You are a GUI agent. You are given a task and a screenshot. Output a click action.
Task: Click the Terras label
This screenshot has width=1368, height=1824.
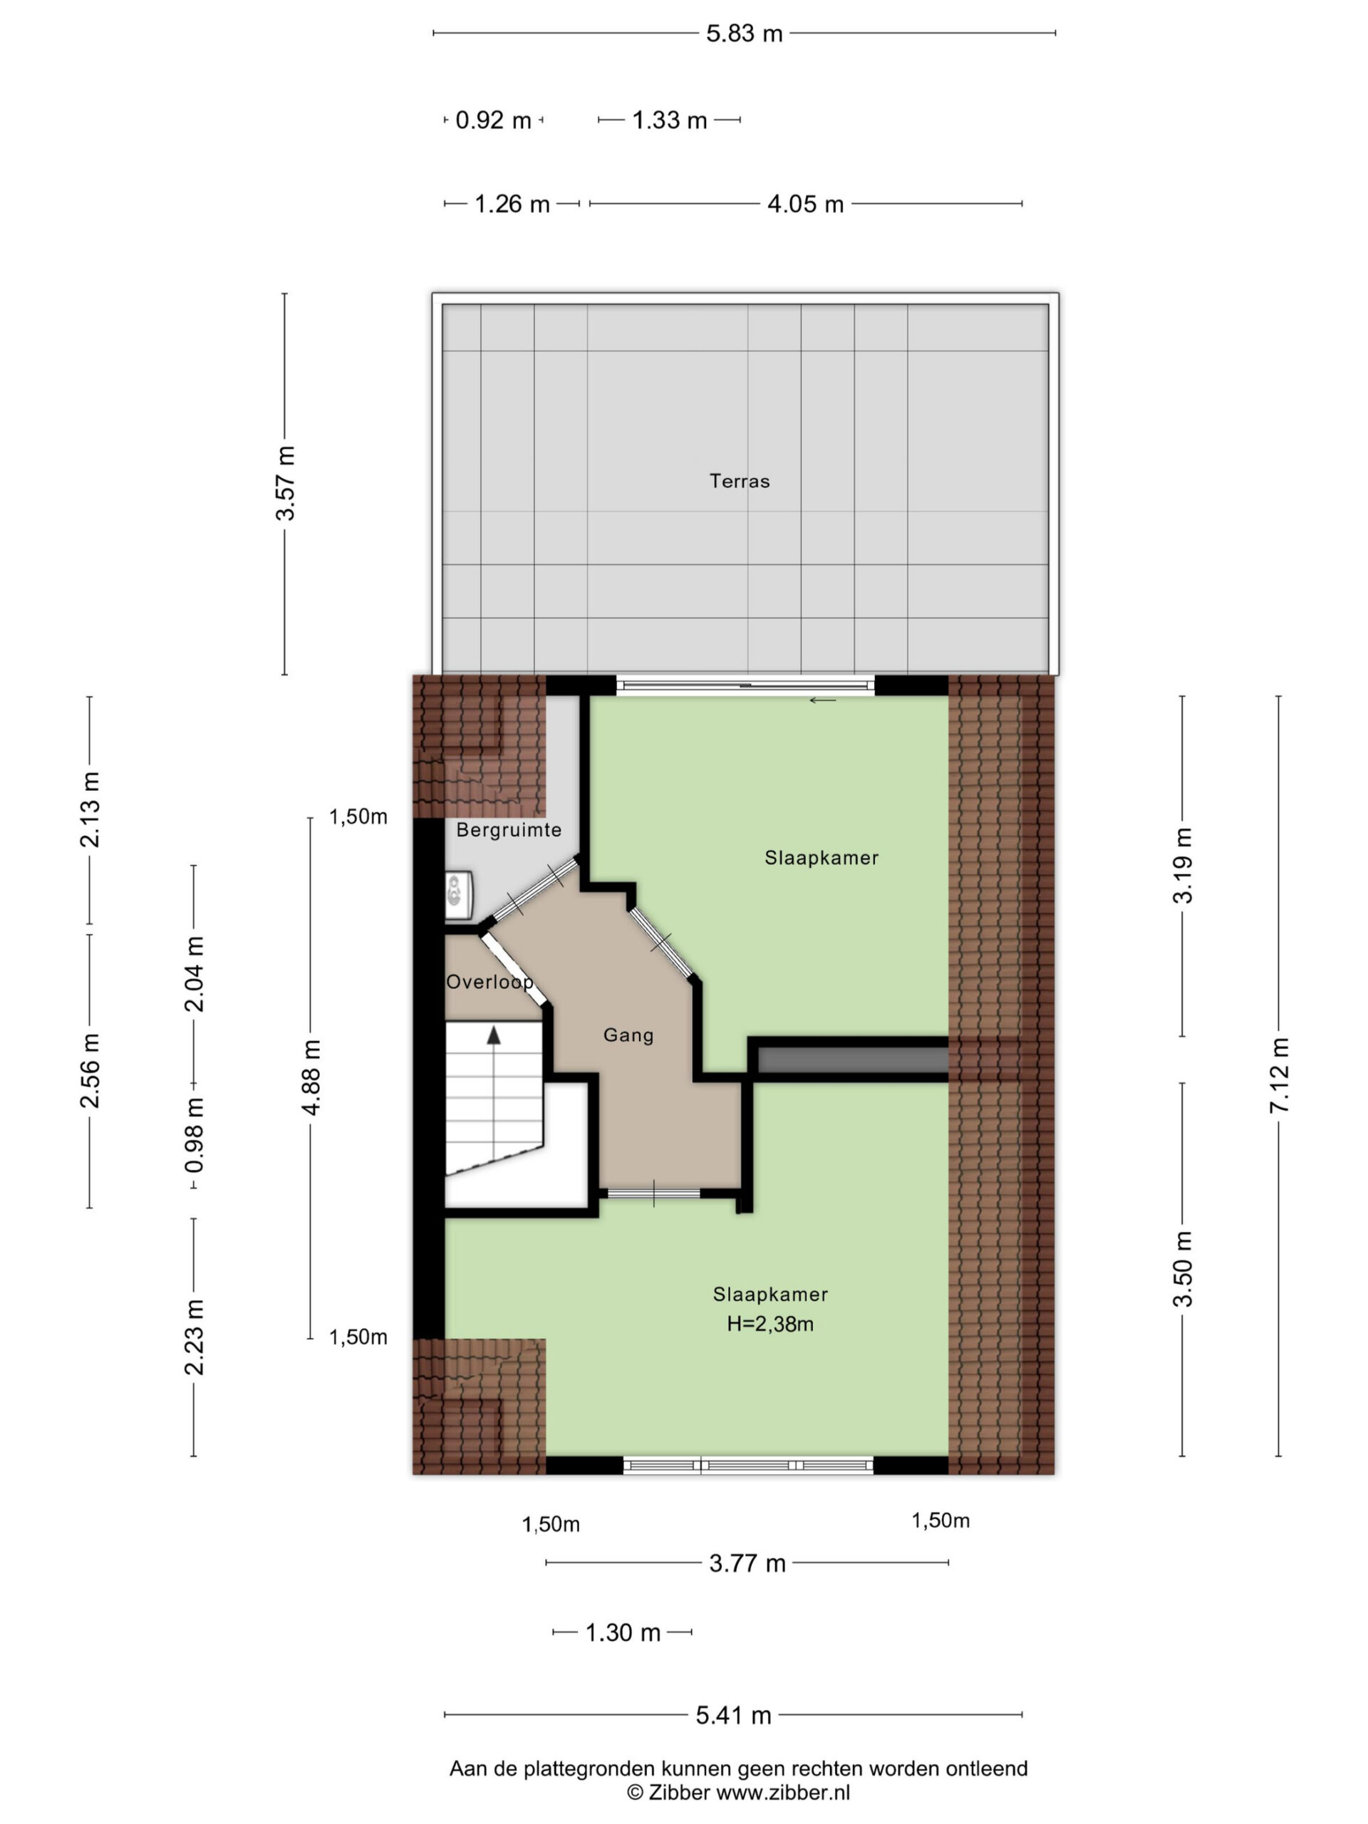coord(739,481)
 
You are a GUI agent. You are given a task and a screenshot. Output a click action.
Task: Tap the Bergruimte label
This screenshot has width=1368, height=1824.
coord(509,829)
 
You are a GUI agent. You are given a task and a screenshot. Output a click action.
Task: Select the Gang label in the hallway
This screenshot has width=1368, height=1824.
coord(628,1035)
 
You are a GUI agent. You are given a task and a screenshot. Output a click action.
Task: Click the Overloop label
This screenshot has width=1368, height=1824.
coord(489,982)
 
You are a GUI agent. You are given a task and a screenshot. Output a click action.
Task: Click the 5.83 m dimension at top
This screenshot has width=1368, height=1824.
coord(745,33)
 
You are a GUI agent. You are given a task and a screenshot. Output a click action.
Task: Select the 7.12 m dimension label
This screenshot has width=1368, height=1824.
coord(1279,1076)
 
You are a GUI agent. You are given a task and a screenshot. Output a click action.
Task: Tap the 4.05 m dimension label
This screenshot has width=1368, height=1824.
coord(806,204)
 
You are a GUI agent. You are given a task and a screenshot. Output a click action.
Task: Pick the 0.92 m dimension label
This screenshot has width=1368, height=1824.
coord(493,120)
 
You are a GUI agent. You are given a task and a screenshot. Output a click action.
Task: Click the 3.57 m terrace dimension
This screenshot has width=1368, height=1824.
coord(285,483)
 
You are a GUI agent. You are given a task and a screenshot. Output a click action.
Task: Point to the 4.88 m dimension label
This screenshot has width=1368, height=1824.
coord(311,1077)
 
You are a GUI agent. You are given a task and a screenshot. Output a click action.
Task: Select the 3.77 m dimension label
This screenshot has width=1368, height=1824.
coord(747,1563)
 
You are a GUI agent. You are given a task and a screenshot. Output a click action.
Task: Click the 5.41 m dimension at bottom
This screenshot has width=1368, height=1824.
coord(733,1715)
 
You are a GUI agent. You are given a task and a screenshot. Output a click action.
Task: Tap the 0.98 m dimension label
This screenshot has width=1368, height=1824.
coord(195,1134)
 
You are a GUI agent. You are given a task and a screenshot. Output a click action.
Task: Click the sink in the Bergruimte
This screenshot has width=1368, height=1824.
coord(458,896)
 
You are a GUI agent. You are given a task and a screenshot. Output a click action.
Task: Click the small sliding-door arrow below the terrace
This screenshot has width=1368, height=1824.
coord(822,701)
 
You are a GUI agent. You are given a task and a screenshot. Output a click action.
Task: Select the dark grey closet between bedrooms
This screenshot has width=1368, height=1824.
coord(853,1059)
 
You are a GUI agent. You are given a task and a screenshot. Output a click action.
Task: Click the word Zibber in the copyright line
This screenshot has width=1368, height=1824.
coord(678,1792)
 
